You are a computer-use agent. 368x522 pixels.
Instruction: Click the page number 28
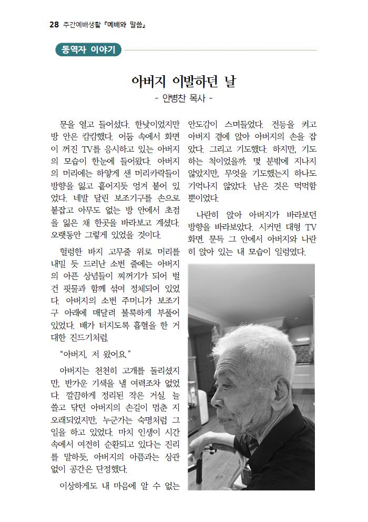tap(53, 25)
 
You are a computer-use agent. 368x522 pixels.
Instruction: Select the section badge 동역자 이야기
tap(88, 51)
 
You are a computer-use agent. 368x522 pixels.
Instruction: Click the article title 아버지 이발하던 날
tap(183, 82)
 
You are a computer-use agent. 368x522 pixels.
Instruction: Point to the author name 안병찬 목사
tap(183, 98)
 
